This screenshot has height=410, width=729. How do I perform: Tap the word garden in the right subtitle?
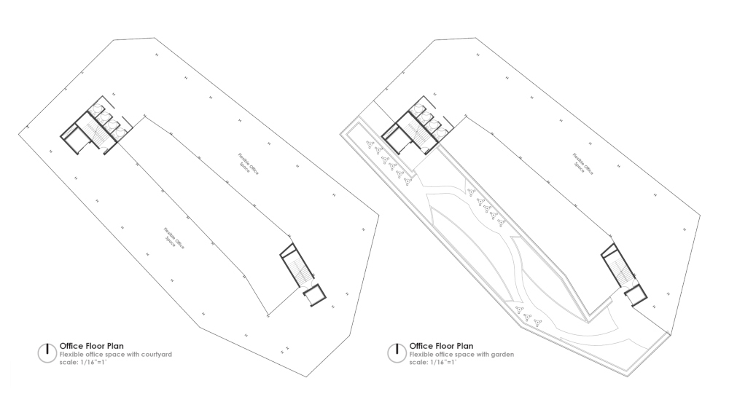(x=504, y=355)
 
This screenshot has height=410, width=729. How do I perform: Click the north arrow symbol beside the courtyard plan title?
(x=47, y=351)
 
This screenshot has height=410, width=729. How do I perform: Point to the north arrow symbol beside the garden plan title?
(x=397, y=351)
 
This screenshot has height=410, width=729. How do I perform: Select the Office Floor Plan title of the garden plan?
(x=442, y=346)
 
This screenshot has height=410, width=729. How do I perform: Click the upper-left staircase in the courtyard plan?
(x=94, y=133)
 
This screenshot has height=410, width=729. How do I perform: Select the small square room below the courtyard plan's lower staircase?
(x=315, y=296)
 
